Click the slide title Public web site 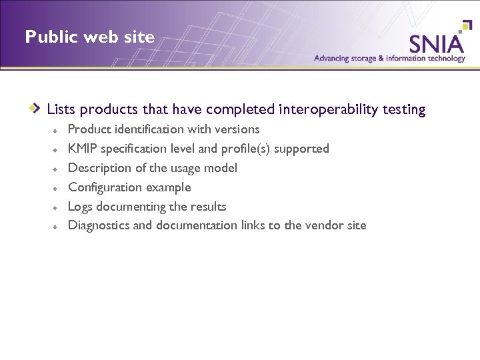[x=89, y=37]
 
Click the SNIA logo [x=437, y=43]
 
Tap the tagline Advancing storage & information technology [x=389, y=59]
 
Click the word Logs [x=80, y=207]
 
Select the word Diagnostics [x=99, y=225]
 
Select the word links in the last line [x=253, y=225]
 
